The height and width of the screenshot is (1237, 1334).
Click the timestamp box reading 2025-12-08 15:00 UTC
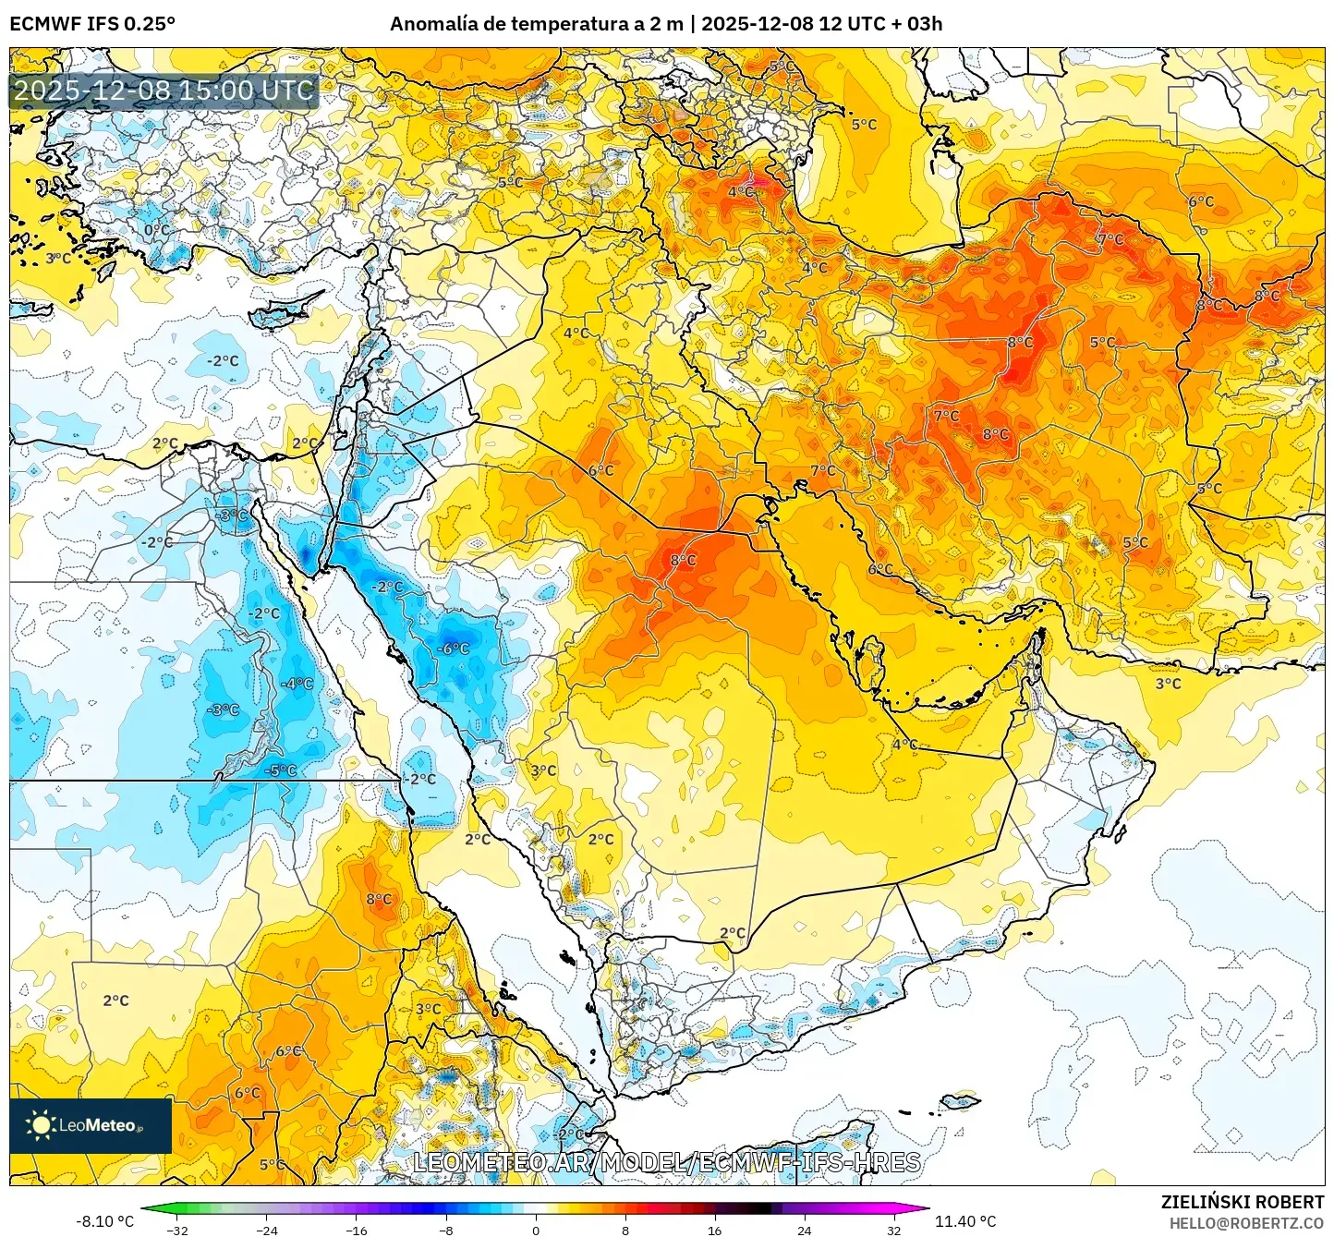click(164, 91)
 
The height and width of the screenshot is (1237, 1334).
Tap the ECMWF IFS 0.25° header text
click(92, 24)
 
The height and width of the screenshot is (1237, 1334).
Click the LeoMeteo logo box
click(91, 1125)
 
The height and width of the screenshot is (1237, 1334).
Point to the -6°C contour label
click(453, 649)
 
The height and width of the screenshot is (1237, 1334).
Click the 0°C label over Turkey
click(157, 230)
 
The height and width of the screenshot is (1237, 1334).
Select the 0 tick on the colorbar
click(536, 1230)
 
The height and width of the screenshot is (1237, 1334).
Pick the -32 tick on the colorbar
click(177, 1230)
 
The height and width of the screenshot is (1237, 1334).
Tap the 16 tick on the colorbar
click(714, 1230)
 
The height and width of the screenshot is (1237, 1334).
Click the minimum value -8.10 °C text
click(104, 1221)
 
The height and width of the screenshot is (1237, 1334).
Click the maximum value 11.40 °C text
click(965, 1221)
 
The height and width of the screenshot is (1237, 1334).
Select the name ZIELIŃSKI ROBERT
click(1242, 1202)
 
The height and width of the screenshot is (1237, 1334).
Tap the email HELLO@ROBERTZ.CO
click(1246, 1223)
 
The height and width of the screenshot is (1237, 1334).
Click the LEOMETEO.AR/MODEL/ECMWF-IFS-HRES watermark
click(666, 1162)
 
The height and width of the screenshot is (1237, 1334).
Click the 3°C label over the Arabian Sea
click(1168, 684)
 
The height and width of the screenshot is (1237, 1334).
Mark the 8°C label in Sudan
click(379, 899)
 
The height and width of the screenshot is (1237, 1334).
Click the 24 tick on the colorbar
click(804, 1230)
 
